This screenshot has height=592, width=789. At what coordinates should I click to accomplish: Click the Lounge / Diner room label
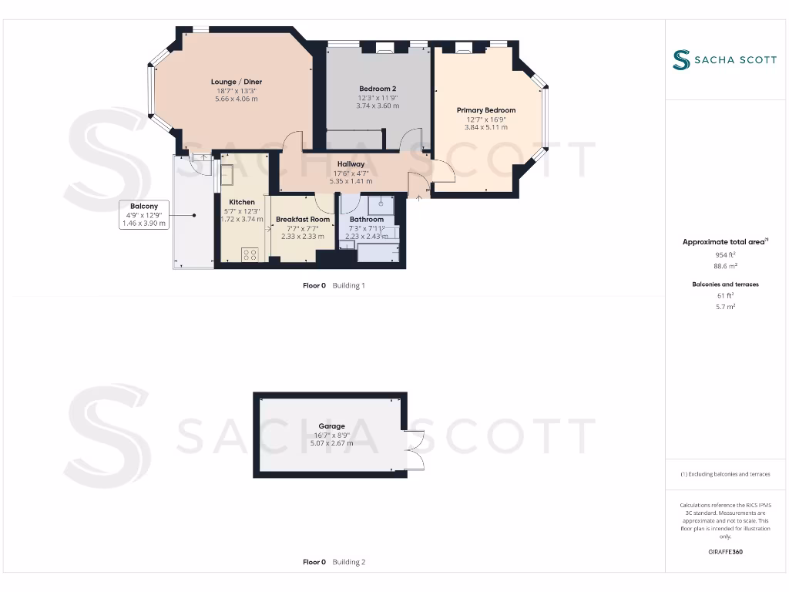(x=237, y=82)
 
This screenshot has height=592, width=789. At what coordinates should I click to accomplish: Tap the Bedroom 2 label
(x=378, y=89)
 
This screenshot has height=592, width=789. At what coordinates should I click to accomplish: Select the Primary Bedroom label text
(x=485, y=110)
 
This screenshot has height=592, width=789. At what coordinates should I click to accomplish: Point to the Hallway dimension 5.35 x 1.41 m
(x=351, y=181)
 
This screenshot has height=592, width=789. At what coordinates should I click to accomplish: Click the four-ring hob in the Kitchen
(x=250, y=254)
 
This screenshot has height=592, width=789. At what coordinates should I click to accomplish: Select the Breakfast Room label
(x=303, y=220)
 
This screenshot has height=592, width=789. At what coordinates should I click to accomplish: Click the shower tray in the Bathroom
(x=380, y=204)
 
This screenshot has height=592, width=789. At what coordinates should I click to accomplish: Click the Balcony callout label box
(x=144, y=214)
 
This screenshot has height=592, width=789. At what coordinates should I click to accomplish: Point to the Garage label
(x=332, y=426)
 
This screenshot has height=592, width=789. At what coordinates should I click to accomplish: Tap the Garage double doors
(x=415, y=449)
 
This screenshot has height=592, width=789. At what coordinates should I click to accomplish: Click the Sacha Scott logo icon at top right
(x=680, y=60)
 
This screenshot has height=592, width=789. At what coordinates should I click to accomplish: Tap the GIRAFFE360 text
(x=724, y=552)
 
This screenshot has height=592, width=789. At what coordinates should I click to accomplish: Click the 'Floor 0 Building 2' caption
(x=334, y=562)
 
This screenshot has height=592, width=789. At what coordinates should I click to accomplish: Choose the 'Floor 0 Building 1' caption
(x=334, y=285)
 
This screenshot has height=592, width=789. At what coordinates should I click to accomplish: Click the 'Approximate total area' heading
(x=724, y=242)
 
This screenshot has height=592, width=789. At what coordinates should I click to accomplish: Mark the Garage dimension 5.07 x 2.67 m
(x=332, y=443)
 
